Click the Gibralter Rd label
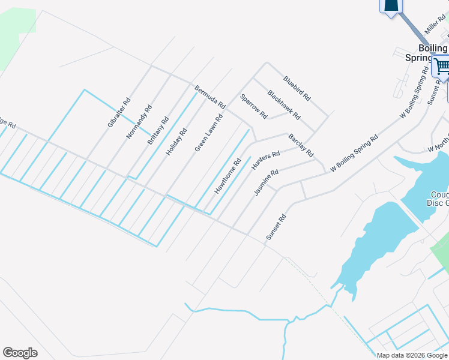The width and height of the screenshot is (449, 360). coord(119,113)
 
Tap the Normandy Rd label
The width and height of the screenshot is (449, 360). coord(139,122)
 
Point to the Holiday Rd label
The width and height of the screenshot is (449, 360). coord(176,142)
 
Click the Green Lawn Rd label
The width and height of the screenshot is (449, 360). coord(208,133)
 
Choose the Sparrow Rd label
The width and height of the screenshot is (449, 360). coord(253,106)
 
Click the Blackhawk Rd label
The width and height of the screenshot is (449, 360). coord(283,104)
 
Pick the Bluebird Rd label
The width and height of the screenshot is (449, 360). coord(297,88)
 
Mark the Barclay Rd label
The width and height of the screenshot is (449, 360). coord(301,146)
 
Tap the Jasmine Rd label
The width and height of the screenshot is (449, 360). coord(266,182)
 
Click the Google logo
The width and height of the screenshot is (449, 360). coord(20,353)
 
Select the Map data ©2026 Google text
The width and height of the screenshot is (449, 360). coord(412,355)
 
